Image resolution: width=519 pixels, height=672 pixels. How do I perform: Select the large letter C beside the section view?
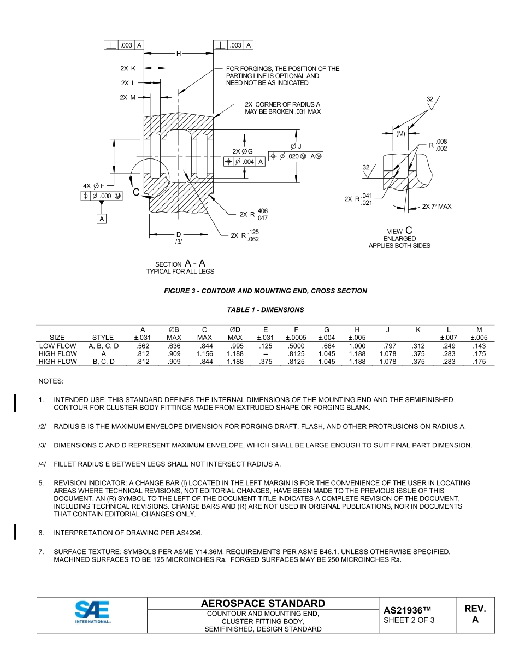point(136,191)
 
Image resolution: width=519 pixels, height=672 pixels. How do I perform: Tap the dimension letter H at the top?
point(179,54)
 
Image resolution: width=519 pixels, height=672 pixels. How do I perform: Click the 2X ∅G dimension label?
point(243,151)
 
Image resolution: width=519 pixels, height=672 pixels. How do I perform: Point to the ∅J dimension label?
point(296,146)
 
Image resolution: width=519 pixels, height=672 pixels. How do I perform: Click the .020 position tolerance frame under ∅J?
point(296,156)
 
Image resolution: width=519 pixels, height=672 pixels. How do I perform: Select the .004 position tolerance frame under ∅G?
point(244,161)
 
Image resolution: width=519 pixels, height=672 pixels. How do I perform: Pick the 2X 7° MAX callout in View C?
point(437,207)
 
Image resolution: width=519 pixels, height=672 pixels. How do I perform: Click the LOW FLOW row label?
point(57,346)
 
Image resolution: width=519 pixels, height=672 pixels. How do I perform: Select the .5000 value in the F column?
point(296,346)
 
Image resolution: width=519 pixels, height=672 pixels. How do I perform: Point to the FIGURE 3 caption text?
point(266,291)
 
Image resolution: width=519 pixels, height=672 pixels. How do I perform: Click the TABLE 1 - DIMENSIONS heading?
point(266,310)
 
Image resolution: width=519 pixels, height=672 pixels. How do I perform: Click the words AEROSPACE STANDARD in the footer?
point(263,604)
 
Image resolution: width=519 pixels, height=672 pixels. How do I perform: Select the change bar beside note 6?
point(15,532)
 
